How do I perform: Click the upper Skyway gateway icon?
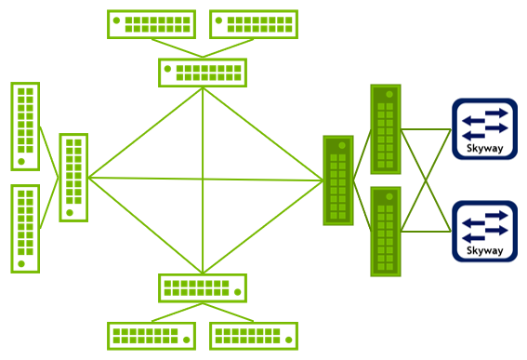(x=484, y=129)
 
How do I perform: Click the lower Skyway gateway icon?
(x=484, y=231)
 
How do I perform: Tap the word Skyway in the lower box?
(x=484, y=250)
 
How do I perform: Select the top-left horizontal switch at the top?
(x=152, y=24)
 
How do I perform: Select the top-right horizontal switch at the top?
(x=255, y=24)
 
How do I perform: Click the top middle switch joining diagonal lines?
(x=203, y=73)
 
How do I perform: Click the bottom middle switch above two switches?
(x=203, y=287)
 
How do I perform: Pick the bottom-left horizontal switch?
(x=152, y=336)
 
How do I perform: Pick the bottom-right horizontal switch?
(x=255, y=336)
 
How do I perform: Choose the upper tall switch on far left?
(x=25, y=126)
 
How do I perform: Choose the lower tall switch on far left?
(x=25, y=228)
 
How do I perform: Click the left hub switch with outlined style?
(x=73, y=177)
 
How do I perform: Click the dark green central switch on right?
(x=338, y=180)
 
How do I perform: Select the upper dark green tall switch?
(x=386, y=129)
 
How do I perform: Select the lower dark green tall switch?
(x=386, y=231)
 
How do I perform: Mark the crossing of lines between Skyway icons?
(x=426, y=180)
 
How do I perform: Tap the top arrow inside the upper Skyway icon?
(x=484, y=113)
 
